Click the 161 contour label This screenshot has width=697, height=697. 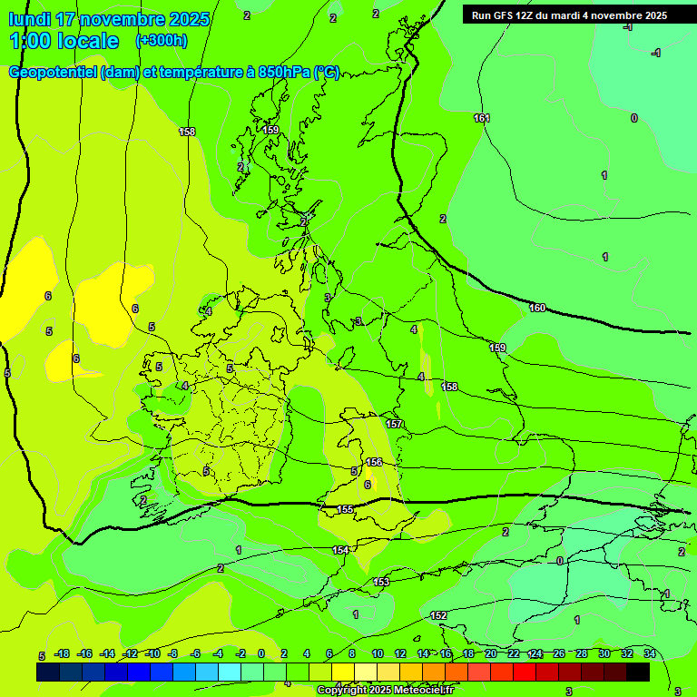[481, 119]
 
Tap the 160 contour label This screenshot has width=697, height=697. [537, 309]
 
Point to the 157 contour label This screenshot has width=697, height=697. [394, 425]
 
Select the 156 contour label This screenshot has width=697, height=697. [374, 463]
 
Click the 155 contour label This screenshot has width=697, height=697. [345, 510]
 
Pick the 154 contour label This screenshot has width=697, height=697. [340, 551]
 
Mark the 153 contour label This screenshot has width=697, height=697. [381, 582]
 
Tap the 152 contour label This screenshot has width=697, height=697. [438, 616]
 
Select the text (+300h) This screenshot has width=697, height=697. [162, 41]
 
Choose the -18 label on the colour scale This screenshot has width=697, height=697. [63, 653]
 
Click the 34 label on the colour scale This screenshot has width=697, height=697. [650, 653]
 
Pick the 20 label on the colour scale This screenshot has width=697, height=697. [490, 653]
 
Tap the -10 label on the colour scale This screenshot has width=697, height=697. [153, 653]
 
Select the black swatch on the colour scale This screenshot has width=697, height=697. [637, 672]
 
